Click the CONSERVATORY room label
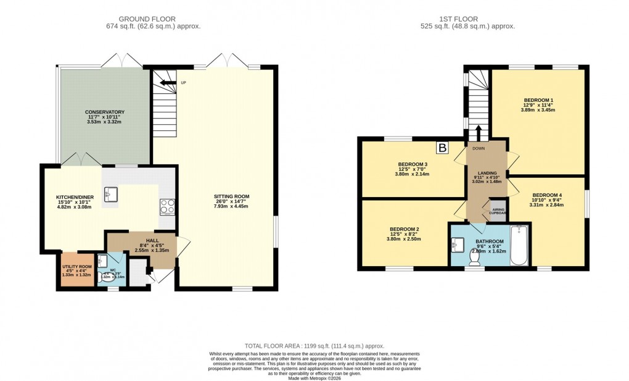point(104,112)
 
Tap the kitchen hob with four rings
point(167,206)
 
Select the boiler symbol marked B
point(442,148)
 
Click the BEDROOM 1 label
point(538,100)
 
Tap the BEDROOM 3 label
point(413,164)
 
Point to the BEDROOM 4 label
point(547,195)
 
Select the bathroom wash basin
point(458,245)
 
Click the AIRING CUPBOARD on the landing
point(498,211)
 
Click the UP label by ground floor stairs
point(183,83)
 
